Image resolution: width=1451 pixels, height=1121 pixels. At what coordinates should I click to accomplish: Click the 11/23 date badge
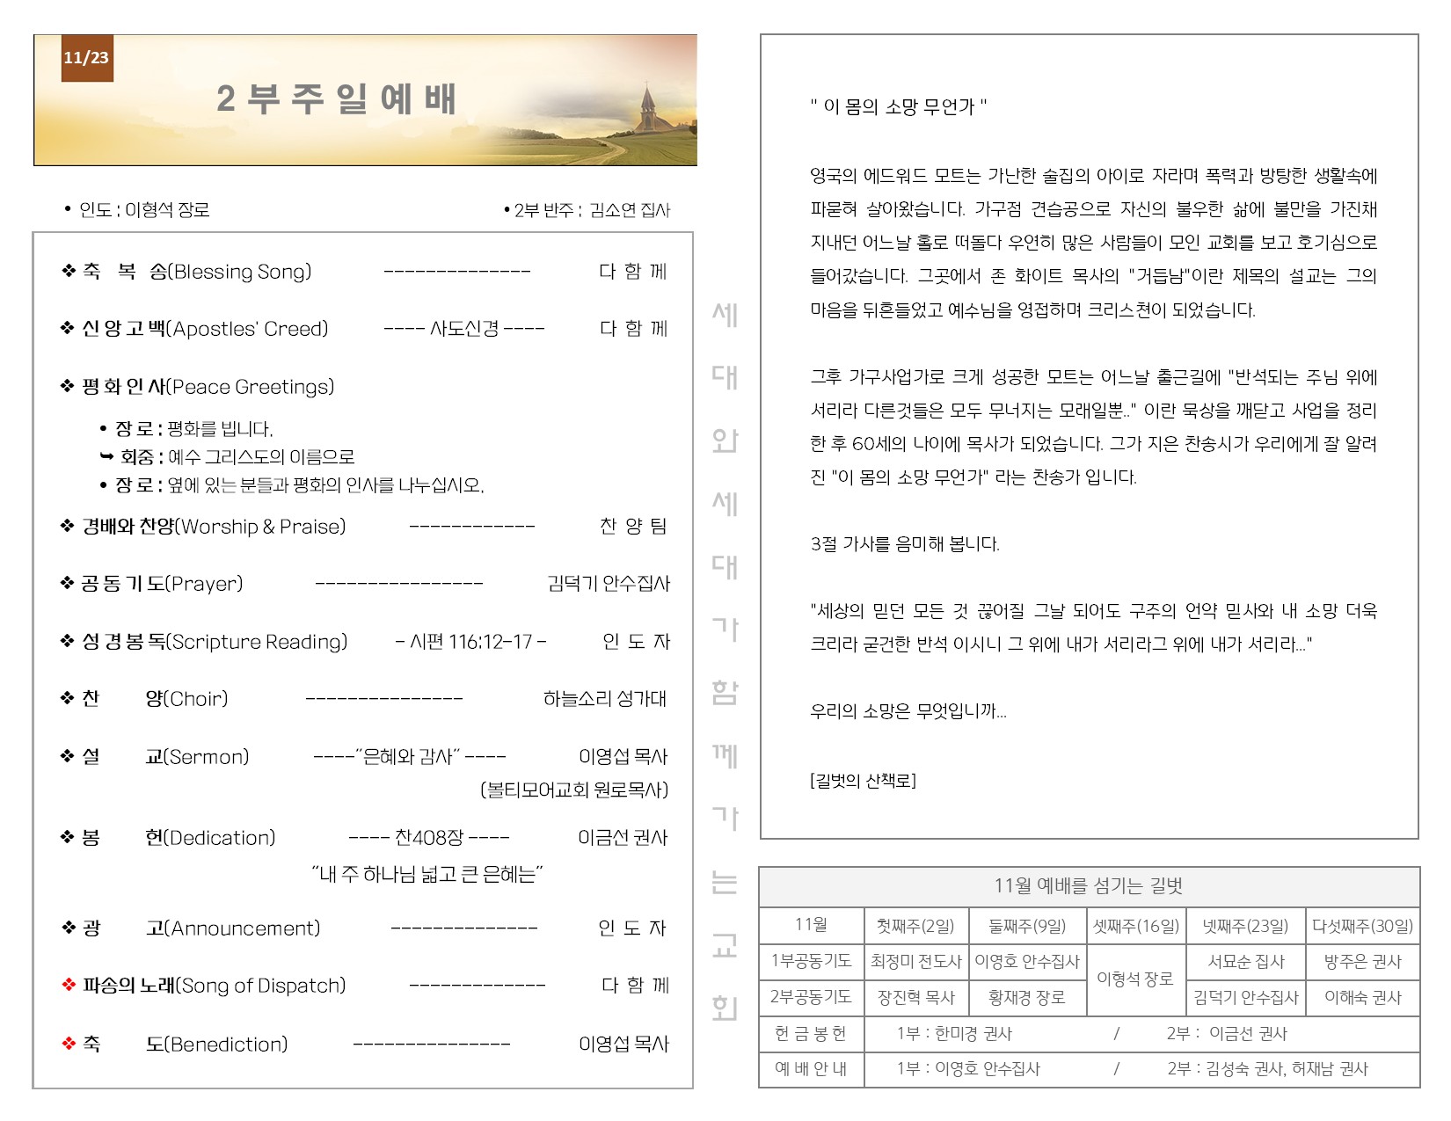click(x=86, y=58)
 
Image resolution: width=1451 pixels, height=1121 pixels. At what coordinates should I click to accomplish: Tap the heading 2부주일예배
click(x=336, y=99)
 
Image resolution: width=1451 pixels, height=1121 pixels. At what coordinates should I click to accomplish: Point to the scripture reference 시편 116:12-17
click(x=471, y=642)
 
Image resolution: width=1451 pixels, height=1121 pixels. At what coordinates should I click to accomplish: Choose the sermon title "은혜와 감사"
click(x=409, y=756)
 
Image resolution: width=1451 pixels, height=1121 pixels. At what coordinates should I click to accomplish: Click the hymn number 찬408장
click(x=429, y=837)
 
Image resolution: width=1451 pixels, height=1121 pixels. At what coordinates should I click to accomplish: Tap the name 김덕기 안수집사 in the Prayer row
click(x=608, y=584)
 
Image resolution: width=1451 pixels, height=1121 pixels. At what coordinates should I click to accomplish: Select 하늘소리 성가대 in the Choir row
click(x=604, y=699)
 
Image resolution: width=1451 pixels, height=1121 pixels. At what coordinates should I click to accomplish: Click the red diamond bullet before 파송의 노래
click(x=69, y=985)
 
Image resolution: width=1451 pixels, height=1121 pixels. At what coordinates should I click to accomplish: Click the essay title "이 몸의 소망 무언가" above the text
click(x=898, y=107)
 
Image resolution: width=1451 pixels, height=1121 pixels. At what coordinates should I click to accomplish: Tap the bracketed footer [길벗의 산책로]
click(x=863, y=781)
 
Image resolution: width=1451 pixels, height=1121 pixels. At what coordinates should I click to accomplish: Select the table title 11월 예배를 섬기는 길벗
click(x=1088, y=886)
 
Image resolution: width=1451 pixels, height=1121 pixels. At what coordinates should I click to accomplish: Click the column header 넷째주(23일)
click(x=1245, y=926)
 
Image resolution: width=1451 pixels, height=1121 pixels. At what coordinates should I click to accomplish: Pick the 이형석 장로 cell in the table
click(x=1134, y=979)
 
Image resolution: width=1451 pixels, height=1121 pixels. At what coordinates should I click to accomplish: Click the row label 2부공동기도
click(x=811, y=997)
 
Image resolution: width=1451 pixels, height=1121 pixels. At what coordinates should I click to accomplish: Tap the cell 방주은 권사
click(x=1361, y=962)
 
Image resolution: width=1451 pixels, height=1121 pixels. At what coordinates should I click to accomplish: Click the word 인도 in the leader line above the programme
click(x=95, y=210)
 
